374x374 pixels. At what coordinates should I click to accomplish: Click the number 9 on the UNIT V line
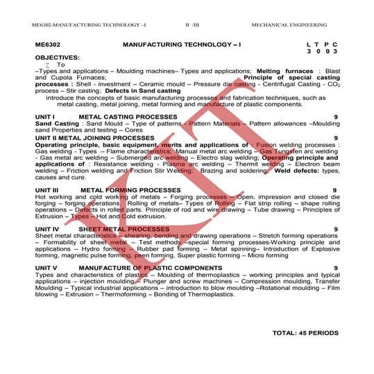click(336, 267)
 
